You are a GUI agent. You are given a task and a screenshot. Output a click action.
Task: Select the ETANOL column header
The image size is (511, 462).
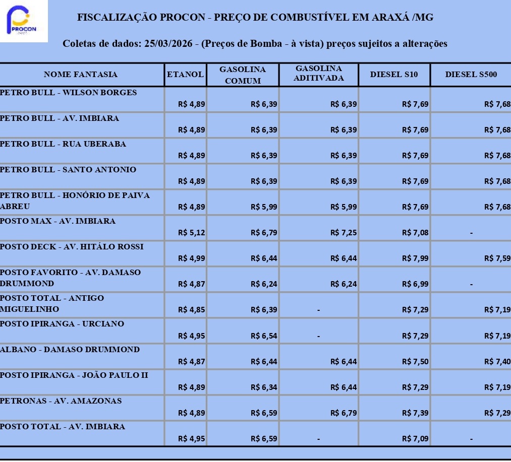pyautogui.click(x=186, y=75)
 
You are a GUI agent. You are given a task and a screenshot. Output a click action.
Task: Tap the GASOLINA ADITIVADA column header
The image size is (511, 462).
pyautogui.click(x=319, y=74)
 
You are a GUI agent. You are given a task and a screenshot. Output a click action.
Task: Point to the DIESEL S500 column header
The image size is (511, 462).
pyautogui.click(x=471, y=75)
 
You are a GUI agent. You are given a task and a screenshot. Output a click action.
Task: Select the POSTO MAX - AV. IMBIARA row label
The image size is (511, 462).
pyautogui.click(x=58, y=221)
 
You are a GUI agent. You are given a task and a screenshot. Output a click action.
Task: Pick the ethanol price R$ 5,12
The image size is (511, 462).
pyautogui.click(x=192, y=233)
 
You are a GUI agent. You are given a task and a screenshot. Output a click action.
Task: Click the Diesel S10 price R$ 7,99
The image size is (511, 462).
pyautogui.click(x=415, y=258)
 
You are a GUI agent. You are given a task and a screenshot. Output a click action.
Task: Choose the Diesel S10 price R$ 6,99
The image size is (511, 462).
pyautogui.click(x=415, y=284)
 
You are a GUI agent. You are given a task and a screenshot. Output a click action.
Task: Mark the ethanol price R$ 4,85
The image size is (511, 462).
pyautogui.click(x=192, y=310)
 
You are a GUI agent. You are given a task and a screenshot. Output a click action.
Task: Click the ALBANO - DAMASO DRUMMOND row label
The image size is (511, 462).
pyautogui.click(x=70, y=350)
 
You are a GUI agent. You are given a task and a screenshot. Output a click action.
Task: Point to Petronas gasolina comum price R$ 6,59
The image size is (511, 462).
pyautogui.click(x=264, y=413)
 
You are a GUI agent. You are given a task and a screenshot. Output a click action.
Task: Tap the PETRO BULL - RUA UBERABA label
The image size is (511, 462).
pyautogui.click(x=63, y=144)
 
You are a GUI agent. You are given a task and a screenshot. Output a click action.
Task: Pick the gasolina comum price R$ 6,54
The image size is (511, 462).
pyautogui.click(x=264, y=336)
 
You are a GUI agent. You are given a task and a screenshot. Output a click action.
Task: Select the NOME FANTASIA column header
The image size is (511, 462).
pyautogui.click(x=81, y=75)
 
